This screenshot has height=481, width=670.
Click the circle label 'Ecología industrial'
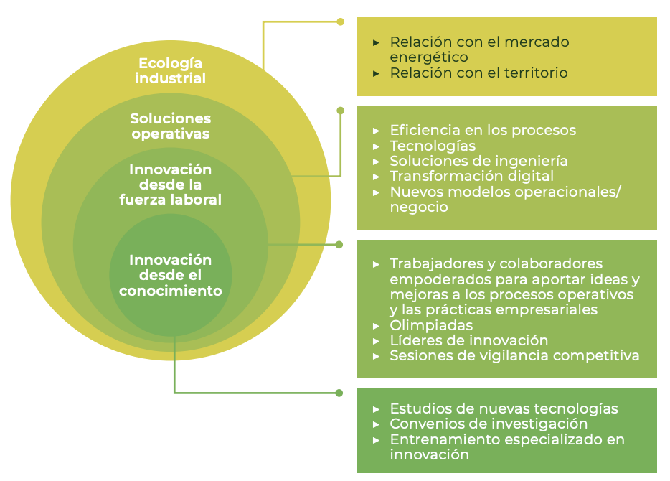[171, 71]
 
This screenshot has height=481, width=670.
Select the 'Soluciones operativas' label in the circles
[171, 126]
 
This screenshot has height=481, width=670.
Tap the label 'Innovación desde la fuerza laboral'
[171, 185]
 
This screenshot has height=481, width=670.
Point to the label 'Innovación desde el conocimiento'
[171, 275]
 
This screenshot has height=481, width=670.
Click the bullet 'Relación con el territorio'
[478, 73]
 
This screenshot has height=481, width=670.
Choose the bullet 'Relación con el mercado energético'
[479, 49]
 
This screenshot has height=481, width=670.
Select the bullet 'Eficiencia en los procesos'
[483, 130]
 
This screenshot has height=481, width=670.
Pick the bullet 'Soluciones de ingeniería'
[478, 161]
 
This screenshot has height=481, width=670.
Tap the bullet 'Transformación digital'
[471, 176]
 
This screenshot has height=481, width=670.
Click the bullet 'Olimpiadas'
[431, 325]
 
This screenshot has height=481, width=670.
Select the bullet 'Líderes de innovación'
[468, 340]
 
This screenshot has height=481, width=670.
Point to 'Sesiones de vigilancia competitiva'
[514, 355]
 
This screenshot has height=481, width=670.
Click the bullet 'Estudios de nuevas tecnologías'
[504, 408]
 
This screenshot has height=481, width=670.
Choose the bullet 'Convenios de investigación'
[489, 424]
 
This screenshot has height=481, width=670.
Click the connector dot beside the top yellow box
[341, 22]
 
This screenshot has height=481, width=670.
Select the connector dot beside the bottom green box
[340, 393]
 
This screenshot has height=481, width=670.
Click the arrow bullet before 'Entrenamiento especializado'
[376, 439]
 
